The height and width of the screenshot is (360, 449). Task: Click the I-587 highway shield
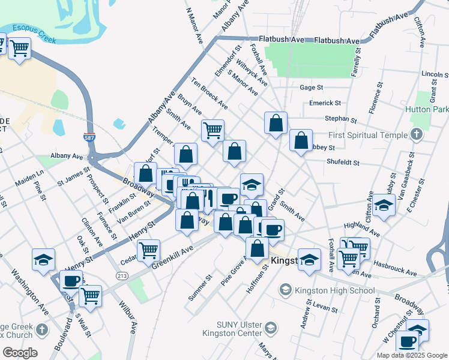coord(89,138)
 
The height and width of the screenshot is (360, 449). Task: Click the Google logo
coord(20,353)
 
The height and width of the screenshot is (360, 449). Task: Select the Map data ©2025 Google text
coord(411,355)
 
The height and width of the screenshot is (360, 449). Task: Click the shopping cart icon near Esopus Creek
coord(20,49)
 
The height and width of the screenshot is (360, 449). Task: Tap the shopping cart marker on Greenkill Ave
coord(148,251)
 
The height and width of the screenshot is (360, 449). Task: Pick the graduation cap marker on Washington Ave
coord(43,260)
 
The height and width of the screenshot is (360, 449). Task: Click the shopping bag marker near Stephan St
coord(276,124)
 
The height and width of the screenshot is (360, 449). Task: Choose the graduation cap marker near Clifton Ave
coord(382,206)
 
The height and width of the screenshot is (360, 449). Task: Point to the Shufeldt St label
coord(343,162)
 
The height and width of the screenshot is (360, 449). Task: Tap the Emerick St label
coord(325,103)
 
